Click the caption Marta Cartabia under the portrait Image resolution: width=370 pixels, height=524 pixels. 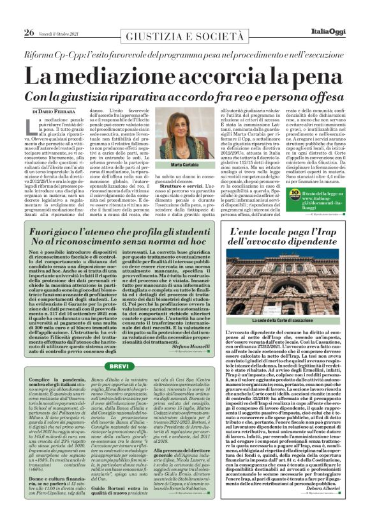(x=185, y=183)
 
